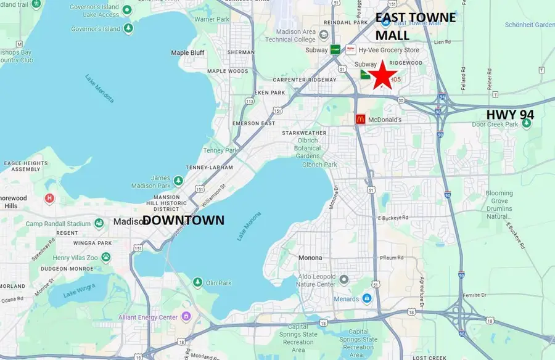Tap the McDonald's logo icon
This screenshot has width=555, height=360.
click(361, 119)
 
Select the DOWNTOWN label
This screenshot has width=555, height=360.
click(184, 220)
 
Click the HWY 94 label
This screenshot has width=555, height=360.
click(510, 115)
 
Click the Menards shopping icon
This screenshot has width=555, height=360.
click(367, 299)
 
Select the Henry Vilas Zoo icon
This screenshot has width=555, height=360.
click(106, 256)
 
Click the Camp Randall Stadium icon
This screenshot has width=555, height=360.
click(99, 223)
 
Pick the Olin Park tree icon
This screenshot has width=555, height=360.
click(197, 282)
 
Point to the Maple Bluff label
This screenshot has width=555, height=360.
click(188, 53)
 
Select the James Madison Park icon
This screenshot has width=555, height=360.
click(178, 181)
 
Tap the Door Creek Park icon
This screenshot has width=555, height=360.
click(527, 124)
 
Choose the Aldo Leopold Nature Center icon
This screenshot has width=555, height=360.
click(343, 279)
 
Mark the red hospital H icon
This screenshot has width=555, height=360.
click(49, 198)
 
